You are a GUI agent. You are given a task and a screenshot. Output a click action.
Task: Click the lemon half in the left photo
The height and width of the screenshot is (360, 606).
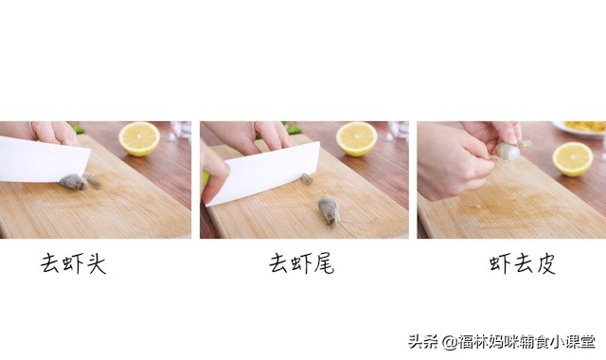[x=139, y=138]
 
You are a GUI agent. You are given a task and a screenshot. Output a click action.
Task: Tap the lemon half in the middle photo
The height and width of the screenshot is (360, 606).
[x=356, y=138]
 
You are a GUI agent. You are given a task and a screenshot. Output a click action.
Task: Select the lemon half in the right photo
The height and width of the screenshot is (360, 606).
[x=572, y=157]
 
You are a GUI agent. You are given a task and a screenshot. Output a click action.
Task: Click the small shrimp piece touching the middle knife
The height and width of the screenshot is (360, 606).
[x=306, y=177]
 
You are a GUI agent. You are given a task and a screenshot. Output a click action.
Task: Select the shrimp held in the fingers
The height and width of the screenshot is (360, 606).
[x=508, y=150]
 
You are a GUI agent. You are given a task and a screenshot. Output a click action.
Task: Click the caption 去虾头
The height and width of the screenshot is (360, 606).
[x=73, y=263]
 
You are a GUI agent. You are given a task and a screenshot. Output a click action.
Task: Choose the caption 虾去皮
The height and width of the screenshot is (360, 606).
[x=522, y=263]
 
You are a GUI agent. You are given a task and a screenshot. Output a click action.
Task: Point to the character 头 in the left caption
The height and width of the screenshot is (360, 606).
[x=96, y=263]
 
